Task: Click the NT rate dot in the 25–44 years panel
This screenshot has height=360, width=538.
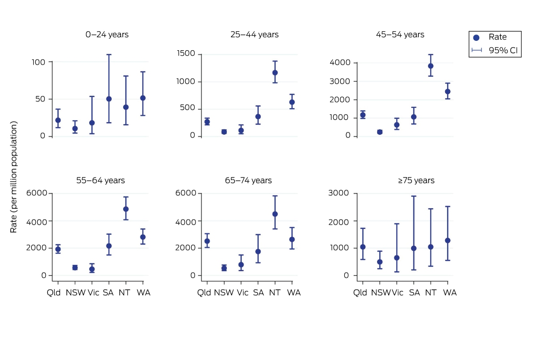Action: click(275, 73)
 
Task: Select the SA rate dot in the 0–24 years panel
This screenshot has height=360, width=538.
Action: click(109, 99)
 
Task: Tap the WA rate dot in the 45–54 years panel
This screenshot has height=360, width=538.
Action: click(447, 91)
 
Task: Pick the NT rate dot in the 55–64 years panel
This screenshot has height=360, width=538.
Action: click(126, 209)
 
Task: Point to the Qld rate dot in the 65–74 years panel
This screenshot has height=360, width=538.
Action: click(207, 241)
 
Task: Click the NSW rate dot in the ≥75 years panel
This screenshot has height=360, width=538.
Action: click(380, 262)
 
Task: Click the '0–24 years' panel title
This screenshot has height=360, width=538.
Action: click(107, 35)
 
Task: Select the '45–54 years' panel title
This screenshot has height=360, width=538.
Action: click(400, 35)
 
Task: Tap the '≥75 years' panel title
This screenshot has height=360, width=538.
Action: click(416, 180)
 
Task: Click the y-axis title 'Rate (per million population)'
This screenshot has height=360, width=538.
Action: click(13, 177)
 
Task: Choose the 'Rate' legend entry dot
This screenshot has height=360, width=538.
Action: click(476, 38)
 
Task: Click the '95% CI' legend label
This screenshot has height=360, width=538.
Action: click(503, 50)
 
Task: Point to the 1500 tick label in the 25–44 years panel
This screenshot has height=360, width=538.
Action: click(186, 53)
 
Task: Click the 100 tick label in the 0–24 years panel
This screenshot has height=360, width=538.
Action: click(39, 62)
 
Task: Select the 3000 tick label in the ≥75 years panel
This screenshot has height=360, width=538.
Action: click(338, 193)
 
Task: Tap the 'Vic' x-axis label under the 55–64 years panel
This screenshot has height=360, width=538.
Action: click(93, 293)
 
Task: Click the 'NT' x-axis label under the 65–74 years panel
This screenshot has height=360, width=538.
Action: click(275, 293)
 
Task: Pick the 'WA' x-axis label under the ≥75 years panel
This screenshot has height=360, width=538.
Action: click(450, 293)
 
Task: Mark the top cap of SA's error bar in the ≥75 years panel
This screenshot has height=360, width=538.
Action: click(413, 196)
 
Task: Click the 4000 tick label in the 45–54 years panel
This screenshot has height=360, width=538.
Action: click(340, 62)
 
